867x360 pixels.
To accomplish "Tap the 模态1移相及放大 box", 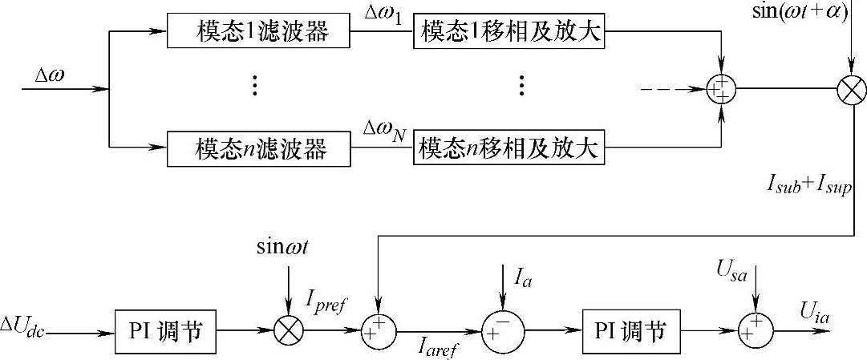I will (508, 34).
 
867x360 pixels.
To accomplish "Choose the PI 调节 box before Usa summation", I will (632, 330).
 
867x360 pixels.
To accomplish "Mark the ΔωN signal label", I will (383, 131).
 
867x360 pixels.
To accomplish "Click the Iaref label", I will (438, 347).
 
